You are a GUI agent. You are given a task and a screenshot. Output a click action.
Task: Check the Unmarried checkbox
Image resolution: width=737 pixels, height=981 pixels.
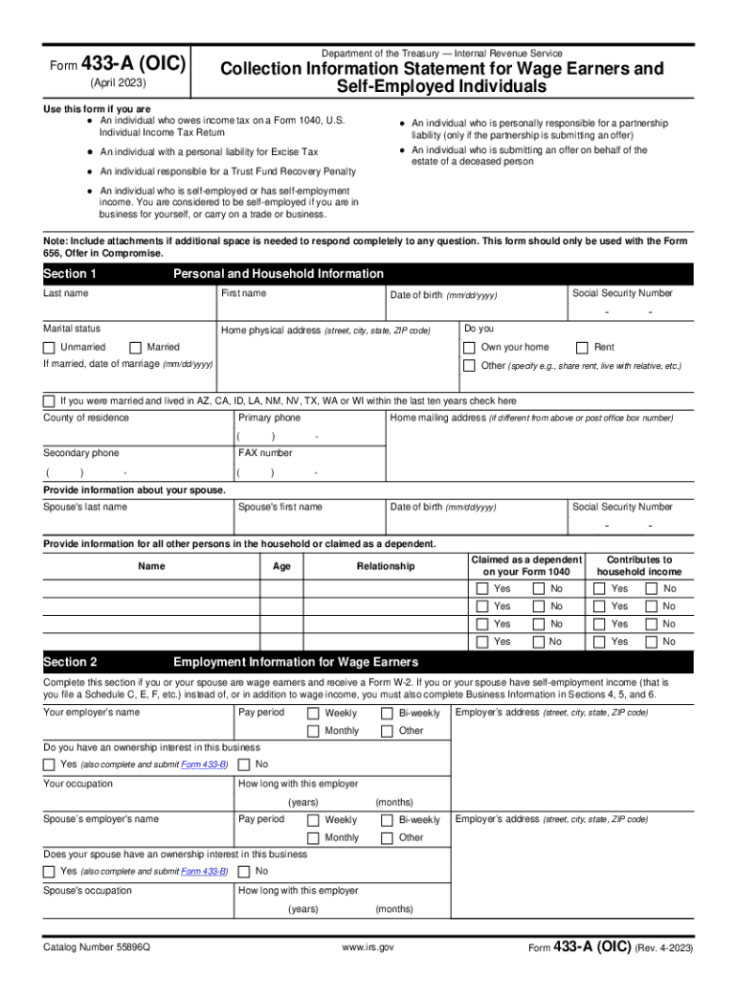click(50, 347)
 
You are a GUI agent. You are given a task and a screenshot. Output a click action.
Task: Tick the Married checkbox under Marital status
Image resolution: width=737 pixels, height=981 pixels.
click(136, 347)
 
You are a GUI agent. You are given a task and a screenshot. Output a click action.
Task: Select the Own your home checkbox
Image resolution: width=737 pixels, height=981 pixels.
click(469, 347)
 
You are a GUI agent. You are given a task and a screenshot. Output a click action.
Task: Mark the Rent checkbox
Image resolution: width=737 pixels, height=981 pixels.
click(582, 347)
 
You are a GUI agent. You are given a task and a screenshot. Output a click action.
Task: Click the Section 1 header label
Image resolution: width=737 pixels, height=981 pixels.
click(70, 274)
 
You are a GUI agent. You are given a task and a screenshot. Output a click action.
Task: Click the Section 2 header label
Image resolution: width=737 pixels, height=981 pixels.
click(70, 662)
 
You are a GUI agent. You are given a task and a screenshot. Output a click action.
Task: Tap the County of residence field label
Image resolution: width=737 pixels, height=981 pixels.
click(86, 418)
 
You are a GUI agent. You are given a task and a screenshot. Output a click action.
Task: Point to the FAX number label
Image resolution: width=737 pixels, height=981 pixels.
click(265, 453)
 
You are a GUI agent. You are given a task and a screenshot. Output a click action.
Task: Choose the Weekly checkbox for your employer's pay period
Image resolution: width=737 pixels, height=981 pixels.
click(313, 713)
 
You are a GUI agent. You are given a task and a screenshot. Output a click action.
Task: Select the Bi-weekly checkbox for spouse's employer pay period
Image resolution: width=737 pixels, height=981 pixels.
click(387, 820)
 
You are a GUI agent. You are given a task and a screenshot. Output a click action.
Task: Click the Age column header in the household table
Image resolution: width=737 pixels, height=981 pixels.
click(281, 566)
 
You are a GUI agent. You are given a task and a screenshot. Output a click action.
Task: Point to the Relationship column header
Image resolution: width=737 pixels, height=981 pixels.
click(386, 566)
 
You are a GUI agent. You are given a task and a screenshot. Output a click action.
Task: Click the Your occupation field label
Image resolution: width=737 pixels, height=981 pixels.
click(78, 784)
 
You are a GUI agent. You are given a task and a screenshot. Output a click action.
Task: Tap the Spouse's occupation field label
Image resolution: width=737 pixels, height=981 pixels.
click(88, 891)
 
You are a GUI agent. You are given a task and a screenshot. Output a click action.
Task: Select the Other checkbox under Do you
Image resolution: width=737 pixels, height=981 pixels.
click(469, 365)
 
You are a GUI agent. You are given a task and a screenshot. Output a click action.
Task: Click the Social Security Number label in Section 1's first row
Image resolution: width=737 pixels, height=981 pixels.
click(622, 293)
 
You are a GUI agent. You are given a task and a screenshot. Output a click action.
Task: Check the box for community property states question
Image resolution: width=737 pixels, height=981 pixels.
click(49, 400)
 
